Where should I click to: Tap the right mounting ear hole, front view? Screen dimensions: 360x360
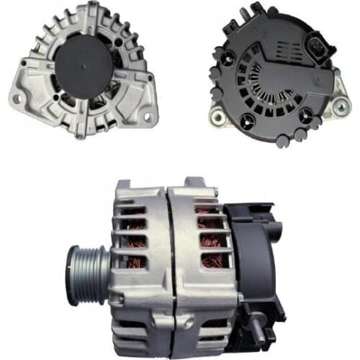[x=148, y=116]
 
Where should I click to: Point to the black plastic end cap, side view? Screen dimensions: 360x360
[x=252, y=252]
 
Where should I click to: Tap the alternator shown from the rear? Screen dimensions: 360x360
[x=274, y=72]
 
